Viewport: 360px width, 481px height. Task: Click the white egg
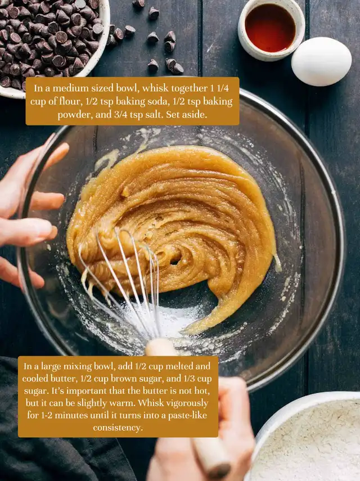tap(321, 61)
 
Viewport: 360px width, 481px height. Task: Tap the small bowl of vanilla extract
tap(271, 29)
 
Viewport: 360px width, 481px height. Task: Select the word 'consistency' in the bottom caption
tap(118, 428)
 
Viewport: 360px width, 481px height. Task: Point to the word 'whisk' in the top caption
tap(155, 88)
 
